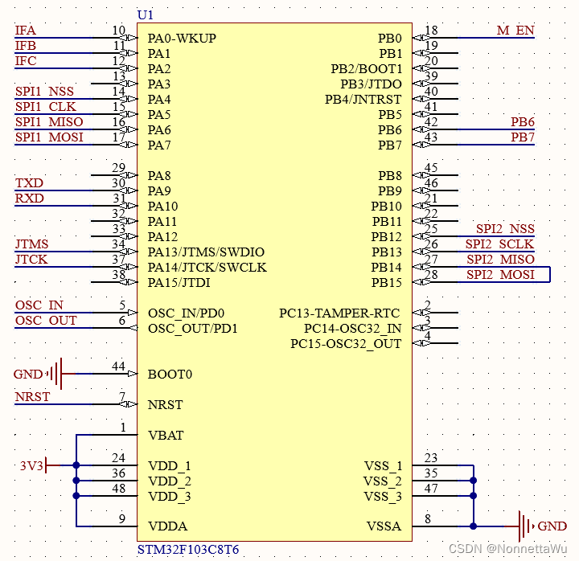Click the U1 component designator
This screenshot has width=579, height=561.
coord(146,14)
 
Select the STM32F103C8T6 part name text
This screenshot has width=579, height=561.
coord(188,550)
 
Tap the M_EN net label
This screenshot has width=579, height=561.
coord(515,31)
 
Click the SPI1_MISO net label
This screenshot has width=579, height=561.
coord(49,122)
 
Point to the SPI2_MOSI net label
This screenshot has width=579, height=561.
coord(500,275)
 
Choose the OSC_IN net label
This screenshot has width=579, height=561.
coord(39,305)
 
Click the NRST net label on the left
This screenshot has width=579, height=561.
coord(32,397)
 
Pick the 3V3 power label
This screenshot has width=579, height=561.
coord(31,465)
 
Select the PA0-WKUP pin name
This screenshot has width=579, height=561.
coord(182,39)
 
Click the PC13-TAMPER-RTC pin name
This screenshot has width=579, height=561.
coord(339,313)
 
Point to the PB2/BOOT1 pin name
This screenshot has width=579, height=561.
coord(366,69)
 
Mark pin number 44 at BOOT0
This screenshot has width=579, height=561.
coord(118,367)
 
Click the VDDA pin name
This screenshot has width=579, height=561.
coord(167,526)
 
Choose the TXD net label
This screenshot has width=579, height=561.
coord(30,183)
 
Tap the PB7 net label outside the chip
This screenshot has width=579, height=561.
coord(523,137)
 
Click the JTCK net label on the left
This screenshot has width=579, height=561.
coord(31,260)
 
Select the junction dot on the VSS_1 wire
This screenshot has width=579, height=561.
coord(474,465)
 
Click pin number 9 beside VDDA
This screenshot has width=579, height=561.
coord(122,520)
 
